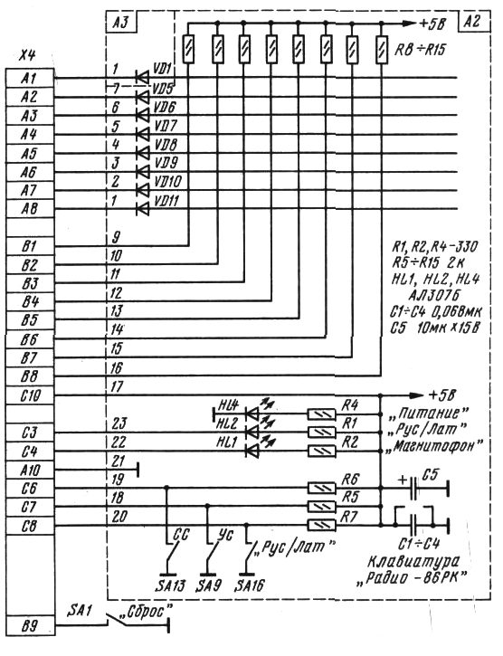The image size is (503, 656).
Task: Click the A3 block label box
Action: coord(121,23)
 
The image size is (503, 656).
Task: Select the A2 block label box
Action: coord(475,22)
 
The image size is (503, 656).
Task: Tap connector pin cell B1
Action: coord(30,246)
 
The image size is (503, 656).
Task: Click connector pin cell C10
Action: coord(30,395)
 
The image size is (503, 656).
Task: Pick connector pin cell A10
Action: coord(30,471)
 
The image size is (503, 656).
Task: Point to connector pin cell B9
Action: coord(30,626)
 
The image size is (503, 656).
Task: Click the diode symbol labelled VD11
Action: coord(142,208)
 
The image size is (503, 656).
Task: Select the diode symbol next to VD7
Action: coord(142,134)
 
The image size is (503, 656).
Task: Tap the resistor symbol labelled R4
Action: coord(322,414)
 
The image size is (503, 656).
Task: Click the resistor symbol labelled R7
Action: coord(322,525)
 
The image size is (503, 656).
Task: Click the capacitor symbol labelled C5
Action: coord(414,488)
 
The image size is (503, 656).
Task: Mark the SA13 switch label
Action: coord(170,585)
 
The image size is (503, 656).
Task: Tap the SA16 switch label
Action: coord(250,585)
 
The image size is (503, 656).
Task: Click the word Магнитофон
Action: coord(434,445)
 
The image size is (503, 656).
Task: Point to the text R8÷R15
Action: coord(420,51)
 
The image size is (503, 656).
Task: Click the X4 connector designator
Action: coord(28,56)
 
